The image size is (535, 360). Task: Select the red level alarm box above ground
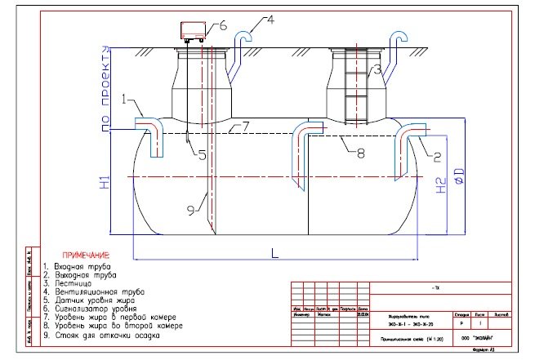(x=193, y=31)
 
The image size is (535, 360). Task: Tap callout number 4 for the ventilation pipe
(x=270, y=18)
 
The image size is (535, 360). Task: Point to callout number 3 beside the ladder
(x=377, y=71)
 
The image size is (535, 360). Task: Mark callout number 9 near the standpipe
(x=190, y=211)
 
